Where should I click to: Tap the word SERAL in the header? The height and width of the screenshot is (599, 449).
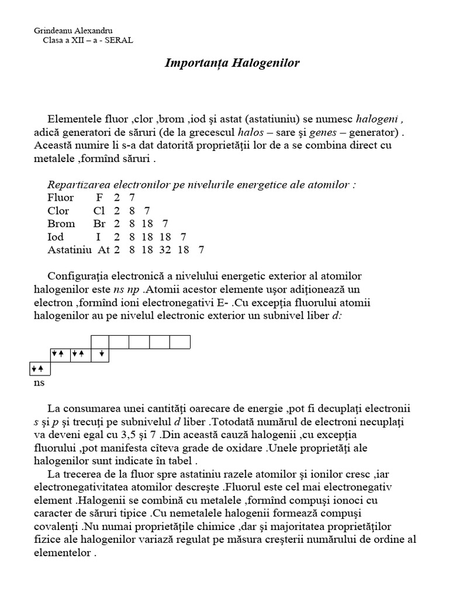119,40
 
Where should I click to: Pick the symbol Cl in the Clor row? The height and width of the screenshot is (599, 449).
99,211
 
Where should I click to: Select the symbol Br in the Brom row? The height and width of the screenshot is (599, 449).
99,223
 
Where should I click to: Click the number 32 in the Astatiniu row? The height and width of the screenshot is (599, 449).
160,250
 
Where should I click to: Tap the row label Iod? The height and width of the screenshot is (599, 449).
56,237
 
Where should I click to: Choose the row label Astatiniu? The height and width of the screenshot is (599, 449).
70,250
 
